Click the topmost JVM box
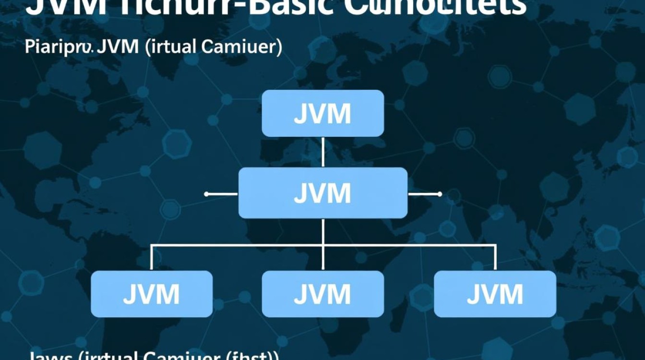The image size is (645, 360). tap(322, 113)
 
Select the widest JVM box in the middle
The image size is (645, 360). tap(322, 193)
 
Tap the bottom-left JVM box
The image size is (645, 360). tap(152, 294)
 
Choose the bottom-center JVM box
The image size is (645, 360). tap(322, 294)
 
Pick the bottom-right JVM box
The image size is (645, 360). tap(495, 294)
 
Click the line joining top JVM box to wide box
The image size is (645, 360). tap(323, 152)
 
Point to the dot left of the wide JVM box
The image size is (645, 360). tap(206, 194)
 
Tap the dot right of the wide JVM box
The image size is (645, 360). tap(440, 194)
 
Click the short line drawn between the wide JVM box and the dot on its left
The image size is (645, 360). tap(222, 194)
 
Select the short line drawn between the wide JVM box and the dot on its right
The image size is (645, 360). tap(423, 194)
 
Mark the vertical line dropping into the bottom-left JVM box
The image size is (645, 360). tap(152, 258)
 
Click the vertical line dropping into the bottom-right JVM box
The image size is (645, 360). tap(495, 258)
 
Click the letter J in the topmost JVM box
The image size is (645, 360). tap(300, 114)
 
